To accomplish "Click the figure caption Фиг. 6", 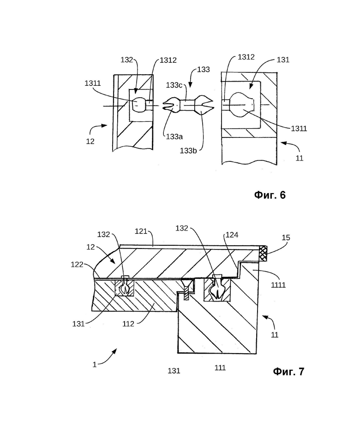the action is [270, 195].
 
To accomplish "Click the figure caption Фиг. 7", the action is [288, 371].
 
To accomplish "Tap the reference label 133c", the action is [174, 85].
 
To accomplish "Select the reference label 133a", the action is [174, 136].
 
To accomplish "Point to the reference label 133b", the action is [188, 150].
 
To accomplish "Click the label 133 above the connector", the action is [204, 70].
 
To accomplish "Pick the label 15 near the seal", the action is [286, 238].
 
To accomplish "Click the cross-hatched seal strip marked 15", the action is [263, 254].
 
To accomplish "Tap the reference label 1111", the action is [278, 285].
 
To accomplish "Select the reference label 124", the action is [232, 235].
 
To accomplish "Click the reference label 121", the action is [141, 231].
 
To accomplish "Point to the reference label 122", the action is [77, 264].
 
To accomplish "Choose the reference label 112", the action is [128, 324].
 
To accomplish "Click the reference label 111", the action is [220, 368].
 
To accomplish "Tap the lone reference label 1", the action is [95, 365].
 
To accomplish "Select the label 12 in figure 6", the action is [90, 142].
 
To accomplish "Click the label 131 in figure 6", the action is [283, 60].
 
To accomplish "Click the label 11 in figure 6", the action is [300, 158].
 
